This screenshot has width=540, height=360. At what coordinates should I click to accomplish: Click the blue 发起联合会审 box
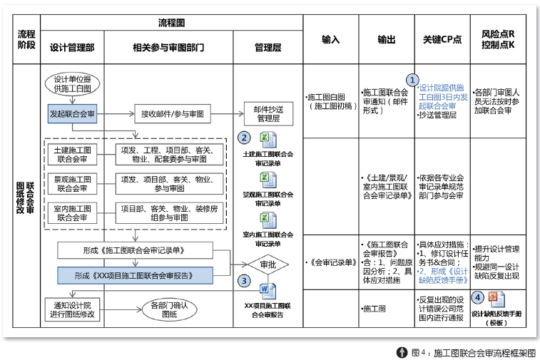point(72,113)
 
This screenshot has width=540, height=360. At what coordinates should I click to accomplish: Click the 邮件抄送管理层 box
point(268,113)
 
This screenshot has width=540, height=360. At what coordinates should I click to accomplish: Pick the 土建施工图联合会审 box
point(72,154)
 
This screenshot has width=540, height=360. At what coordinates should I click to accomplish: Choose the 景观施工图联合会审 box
point(72,183)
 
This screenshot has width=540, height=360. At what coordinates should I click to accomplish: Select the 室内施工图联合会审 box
point(72,212)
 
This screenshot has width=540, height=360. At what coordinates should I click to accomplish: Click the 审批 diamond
point(268,264)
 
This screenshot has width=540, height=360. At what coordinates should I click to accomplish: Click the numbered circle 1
point(412,80)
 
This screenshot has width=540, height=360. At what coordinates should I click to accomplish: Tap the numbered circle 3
point(245,281)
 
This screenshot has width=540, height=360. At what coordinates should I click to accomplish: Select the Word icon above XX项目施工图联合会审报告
point(268,291)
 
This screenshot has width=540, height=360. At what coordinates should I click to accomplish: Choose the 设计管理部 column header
point(72,47)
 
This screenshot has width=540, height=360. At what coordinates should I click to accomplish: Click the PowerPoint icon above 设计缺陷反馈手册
point(497,299)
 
